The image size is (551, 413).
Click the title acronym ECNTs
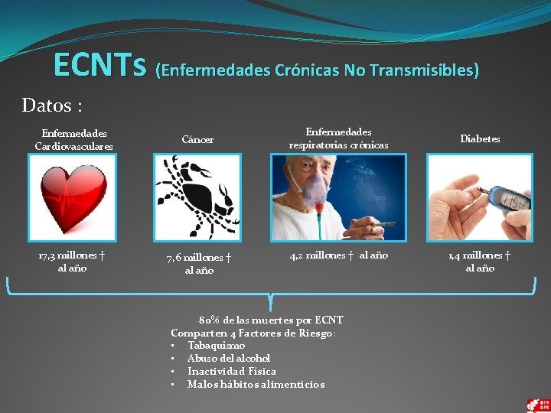click(99, 67)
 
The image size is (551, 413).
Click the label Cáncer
click(197, 140)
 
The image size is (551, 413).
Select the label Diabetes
click(480, 139)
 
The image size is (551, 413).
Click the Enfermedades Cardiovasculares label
click(73, 139)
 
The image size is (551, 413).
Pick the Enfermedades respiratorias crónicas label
click(338, 138)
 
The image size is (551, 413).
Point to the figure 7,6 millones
click(187, 259)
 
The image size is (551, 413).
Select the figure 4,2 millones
click(319, 255)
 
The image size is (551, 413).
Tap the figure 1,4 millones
click(469, 255)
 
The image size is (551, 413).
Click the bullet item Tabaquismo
click(217, 345)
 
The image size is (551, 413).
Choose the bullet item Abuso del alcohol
click(229, 358)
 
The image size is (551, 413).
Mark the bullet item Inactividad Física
click(232, 371)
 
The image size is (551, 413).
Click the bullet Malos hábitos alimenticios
click(256, 384)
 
